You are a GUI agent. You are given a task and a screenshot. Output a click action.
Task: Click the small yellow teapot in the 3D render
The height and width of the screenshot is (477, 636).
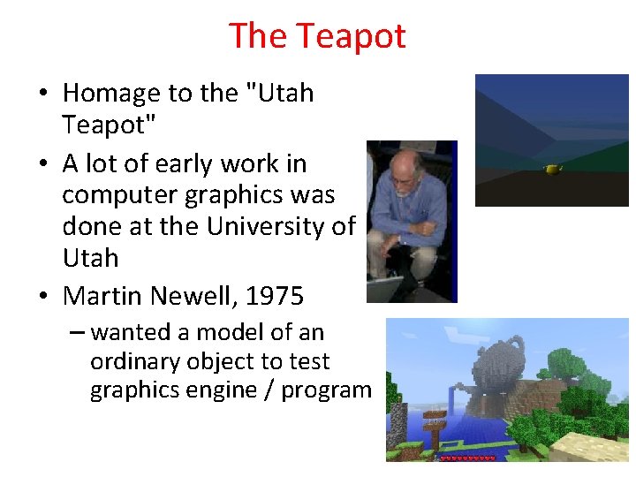click(554, 168)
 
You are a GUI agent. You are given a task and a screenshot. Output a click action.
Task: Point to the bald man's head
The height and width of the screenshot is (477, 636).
click(409, 163)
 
